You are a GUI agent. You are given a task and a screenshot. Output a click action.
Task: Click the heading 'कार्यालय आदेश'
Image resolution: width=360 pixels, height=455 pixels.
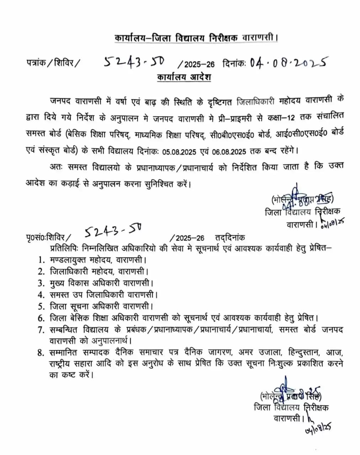[x=184, y=77]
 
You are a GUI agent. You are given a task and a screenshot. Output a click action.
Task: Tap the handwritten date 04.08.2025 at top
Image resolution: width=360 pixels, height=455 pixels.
[x=288, y=63]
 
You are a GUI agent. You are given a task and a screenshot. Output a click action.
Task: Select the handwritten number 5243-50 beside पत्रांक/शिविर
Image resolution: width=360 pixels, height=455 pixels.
[x=134, y=63]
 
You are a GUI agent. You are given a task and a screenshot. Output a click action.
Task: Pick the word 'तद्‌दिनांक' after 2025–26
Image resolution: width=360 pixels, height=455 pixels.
[x=230, y=238]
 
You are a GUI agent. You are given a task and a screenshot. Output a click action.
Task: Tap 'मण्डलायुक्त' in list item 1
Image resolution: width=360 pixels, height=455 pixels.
[x=70, y=260]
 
